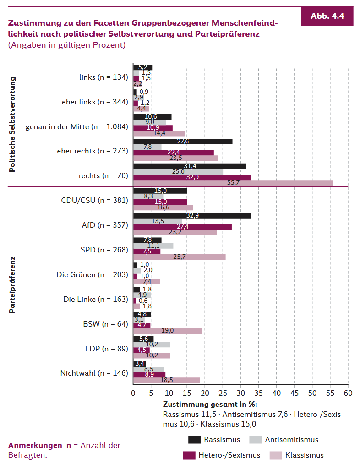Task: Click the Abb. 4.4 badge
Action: (327, 16)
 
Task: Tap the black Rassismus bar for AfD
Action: (192, 215)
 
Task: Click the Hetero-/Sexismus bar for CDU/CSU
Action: (160, 202)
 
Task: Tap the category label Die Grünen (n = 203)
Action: (92, 274)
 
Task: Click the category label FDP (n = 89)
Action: (106, 349)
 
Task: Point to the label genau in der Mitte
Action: (76, 126)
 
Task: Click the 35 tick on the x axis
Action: (258, 393)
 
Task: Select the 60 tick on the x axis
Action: (348, 393)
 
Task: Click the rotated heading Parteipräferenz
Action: (12, 284)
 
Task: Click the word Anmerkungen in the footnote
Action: (35, 445)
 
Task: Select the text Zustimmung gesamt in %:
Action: (210, 405)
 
